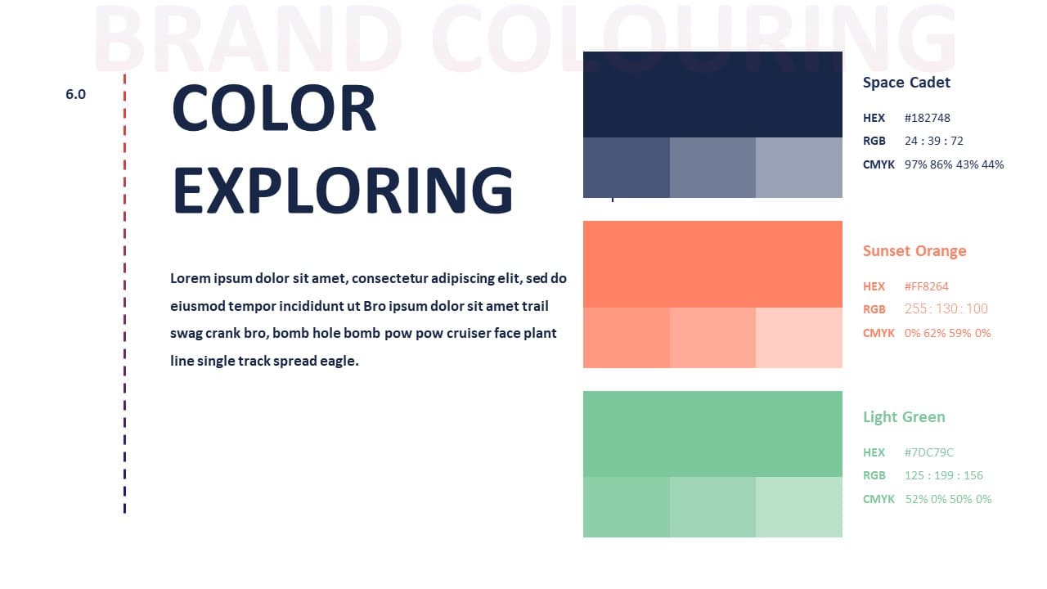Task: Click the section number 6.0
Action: tap(76, 94)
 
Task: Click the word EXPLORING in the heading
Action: tap(343, 190)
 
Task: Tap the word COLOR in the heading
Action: tap(274, 108)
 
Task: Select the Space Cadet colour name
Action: tap(906, 83)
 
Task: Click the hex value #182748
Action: tap(928, 118)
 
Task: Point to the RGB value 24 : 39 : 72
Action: tap(934, 141)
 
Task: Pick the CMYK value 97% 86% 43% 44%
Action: tap(954, 164)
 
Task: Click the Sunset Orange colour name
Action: tap(914, 251)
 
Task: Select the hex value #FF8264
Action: tap(927, 286)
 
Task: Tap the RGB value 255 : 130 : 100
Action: tap(946, 308)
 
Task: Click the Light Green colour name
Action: tap(904, 417)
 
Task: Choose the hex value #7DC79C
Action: tap(928, 452)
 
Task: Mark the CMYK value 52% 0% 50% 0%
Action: tap(948, 499)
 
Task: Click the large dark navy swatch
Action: tap(712, 94)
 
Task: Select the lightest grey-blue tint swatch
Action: tap(799, 168)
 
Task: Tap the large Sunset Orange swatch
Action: tap(712, 264)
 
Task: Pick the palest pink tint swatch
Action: tap(799, 338)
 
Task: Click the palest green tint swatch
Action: tap(799, 507)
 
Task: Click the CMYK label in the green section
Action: tap(878, 499)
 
